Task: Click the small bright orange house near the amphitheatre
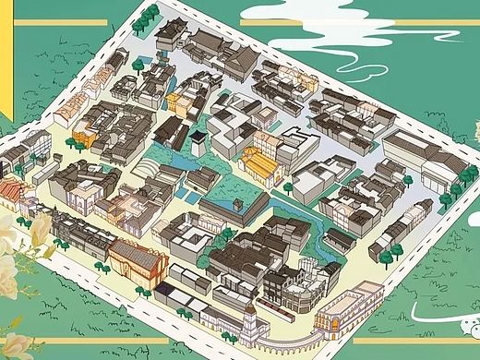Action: coord(84,138)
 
